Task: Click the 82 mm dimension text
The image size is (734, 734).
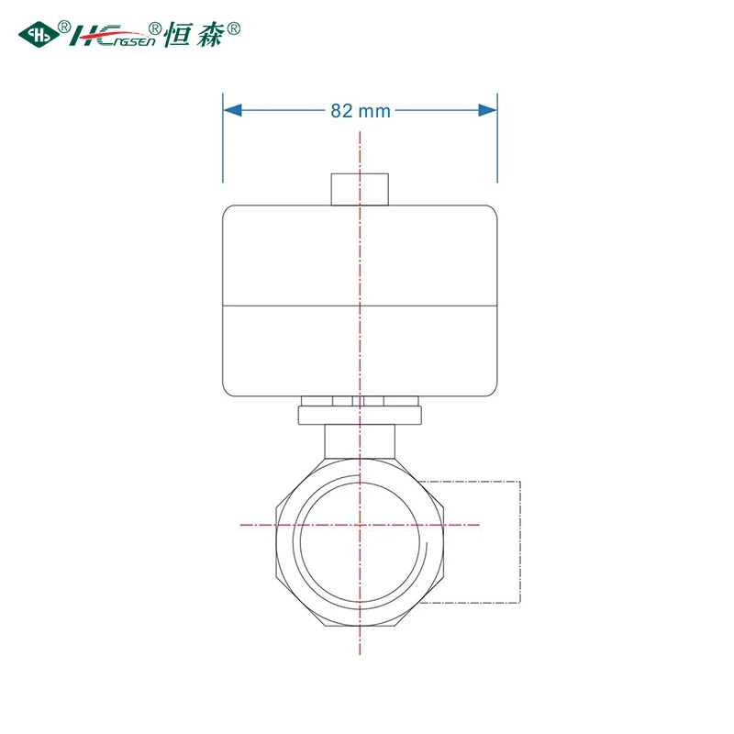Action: click(361, 111)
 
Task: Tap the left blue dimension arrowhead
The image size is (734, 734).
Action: click(233, 110)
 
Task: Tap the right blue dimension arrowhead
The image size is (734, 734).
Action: click(487, 110)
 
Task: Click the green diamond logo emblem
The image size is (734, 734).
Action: click(39, 34)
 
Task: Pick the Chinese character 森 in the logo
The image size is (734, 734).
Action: click(210, 34)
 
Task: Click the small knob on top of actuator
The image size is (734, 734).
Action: click(360, 189)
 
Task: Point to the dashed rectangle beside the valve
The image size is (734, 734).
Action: click(520, 541)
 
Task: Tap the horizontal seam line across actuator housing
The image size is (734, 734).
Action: click(360, 306)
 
